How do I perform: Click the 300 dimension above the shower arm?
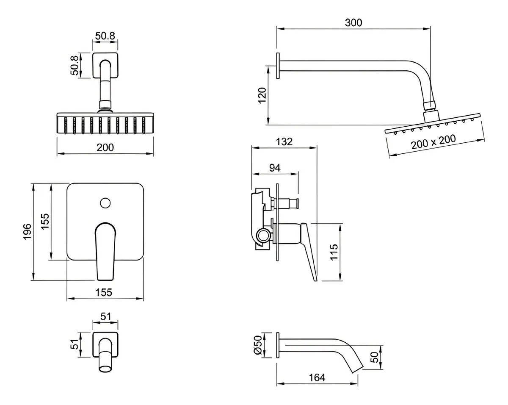(x=353, y=23)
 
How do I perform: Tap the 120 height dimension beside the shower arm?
(x=262, y=95)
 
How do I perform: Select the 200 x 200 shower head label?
(x=433, y=141)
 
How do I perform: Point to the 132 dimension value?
(x=284, y=141)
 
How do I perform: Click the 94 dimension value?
(x=275, y=168)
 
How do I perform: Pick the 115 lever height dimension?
(x=334, y=252)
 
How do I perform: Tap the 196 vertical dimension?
(x=27, y=232)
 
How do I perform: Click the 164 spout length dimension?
(x=317, y=377)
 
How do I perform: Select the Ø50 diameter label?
(x=258, y=345)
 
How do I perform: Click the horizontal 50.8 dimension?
(x=105, y=36)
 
